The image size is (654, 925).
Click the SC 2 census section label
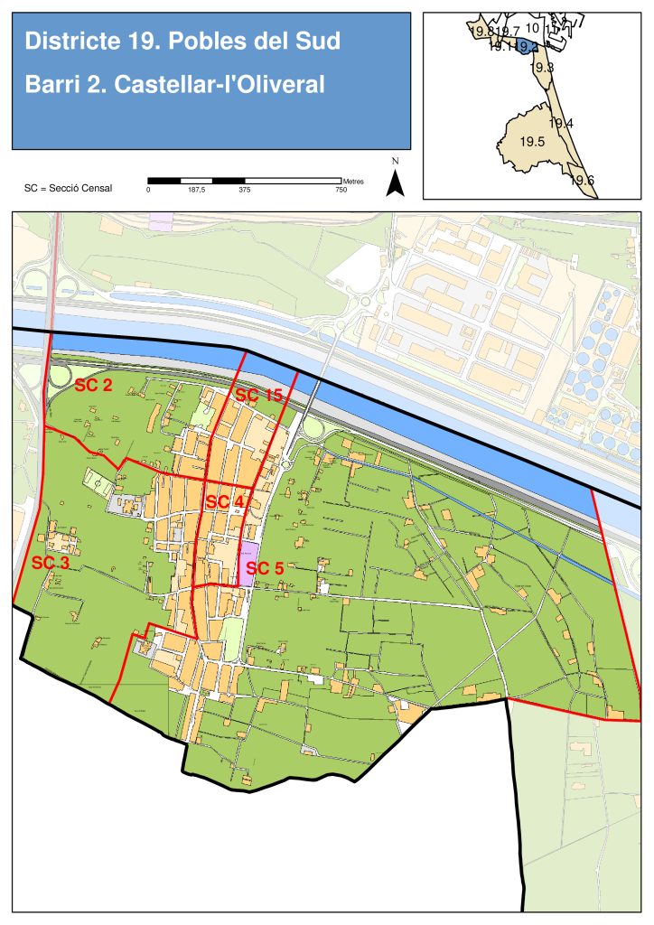[93, 387]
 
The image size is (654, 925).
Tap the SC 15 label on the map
[258, 395]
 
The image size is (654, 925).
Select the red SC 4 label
[225, 501]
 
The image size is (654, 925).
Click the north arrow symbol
[395, 182]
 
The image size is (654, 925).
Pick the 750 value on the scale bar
[341, 190]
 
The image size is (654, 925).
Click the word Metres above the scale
[353, 181]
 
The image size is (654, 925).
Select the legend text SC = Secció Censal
[69, 188]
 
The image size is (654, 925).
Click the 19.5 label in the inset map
[532, 142]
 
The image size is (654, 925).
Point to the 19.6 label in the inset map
[583, 180]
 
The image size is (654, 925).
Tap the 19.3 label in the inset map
[542, 68]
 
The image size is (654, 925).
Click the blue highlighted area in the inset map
[526, 47]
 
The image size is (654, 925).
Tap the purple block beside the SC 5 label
[247, 565]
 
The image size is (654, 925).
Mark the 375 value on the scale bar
[244, 190]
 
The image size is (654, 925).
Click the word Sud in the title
[320, 42]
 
